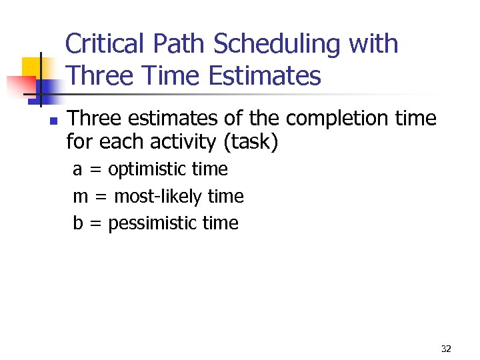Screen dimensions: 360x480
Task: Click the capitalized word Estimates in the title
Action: point(265,76)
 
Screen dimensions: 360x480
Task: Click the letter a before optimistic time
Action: point(77,170)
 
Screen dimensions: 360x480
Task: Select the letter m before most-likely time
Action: point(80,197)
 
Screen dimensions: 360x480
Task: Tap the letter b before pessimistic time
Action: point(77,223)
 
